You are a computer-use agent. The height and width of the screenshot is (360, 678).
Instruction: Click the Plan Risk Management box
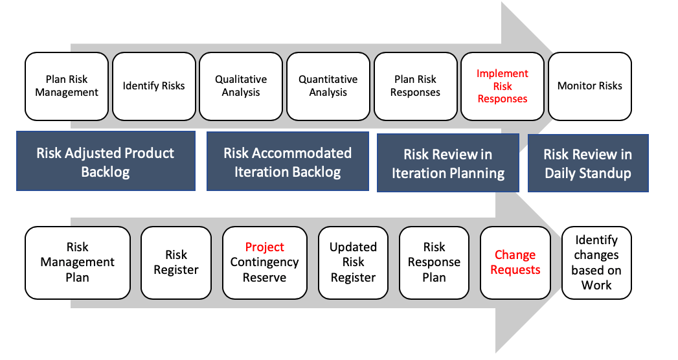67,86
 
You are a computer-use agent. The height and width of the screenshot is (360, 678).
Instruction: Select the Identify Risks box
153,86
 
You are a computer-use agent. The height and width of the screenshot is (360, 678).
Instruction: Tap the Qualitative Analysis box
241,86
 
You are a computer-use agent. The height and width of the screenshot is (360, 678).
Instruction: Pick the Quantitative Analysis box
328,86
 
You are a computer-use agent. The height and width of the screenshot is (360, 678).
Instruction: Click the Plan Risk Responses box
415,86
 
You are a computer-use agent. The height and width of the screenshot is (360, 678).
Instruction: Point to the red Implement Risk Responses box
502,86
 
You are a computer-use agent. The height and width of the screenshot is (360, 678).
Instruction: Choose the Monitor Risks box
589,86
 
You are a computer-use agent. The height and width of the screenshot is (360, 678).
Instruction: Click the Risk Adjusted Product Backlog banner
106,162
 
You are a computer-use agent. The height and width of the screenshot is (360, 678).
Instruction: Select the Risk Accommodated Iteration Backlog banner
288,162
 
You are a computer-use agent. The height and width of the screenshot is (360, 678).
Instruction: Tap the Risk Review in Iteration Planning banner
447,163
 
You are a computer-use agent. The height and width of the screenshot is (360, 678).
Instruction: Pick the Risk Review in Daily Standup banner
587,163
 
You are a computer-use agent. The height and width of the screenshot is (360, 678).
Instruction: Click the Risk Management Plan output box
77,262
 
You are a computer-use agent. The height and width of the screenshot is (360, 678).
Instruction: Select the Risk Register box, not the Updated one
175,262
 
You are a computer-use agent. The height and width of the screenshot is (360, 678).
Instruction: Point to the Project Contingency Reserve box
264,262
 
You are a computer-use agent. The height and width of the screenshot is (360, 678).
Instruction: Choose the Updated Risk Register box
353,262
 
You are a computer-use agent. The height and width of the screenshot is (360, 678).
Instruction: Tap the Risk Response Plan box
434,262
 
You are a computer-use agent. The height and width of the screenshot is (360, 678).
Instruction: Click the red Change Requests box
515,262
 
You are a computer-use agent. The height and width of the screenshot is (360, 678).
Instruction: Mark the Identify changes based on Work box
596,262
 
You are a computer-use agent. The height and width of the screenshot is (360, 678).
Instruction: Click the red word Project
264,247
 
